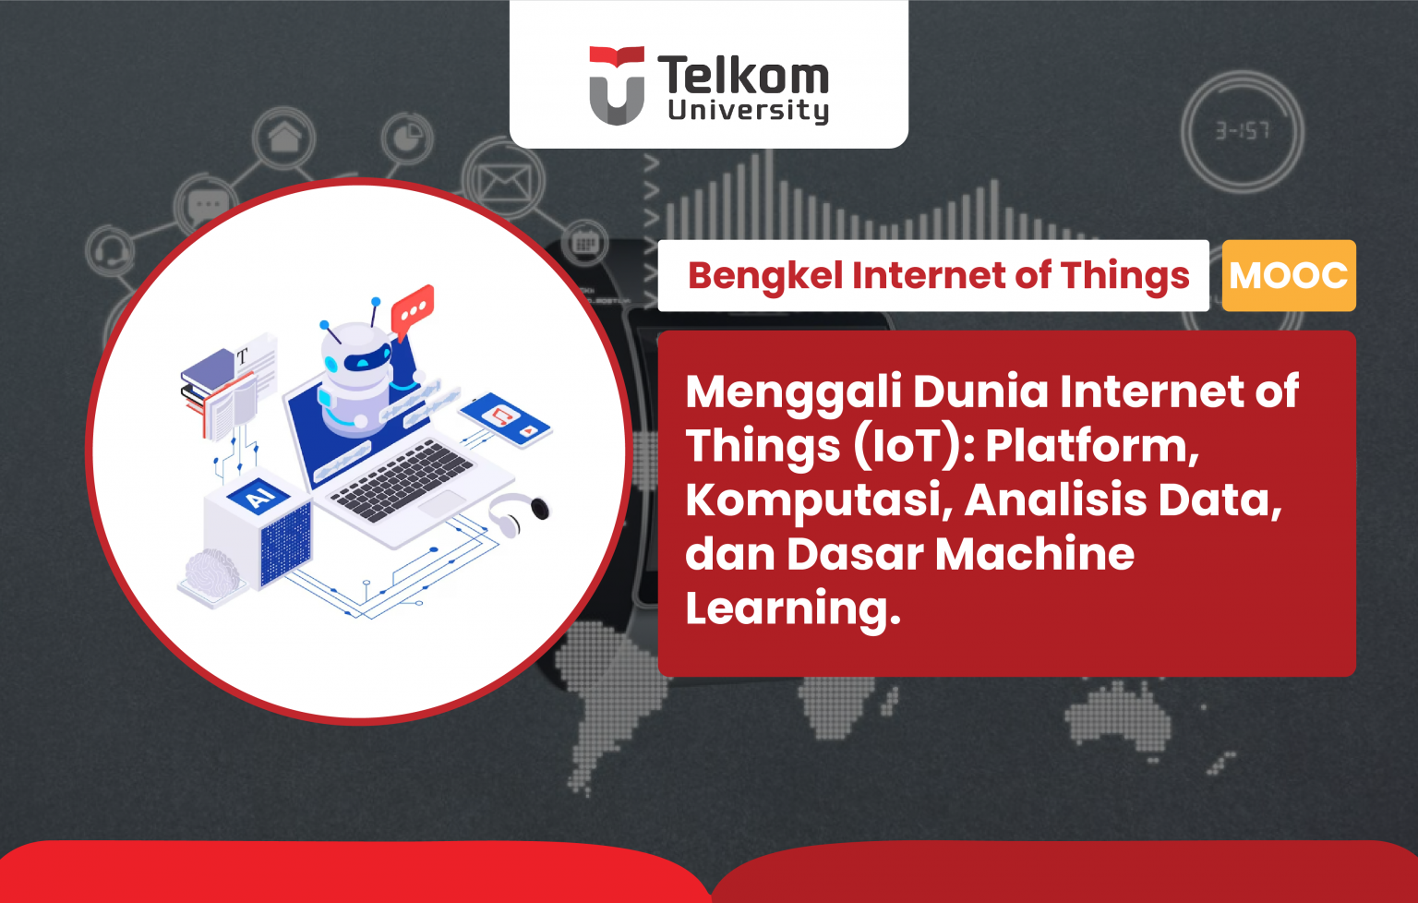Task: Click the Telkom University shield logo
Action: tap(617, 85)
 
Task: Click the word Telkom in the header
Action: tap(743, 76)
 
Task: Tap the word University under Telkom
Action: tap(748, 111)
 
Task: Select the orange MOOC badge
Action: tap(1288, 275)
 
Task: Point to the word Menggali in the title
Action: tap(793, 392)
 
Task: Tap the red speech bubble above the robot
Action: tap(412, 308)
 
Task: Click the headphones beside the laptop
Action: tap(517, 513)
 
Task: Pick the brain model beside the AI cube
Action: tap(213, 573)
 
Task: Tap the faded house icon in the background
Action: tap(284, 139)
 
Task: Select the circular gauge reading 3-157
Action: tap(1242, 132)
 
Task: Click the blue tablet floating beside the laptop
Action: tap(505, 420)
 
